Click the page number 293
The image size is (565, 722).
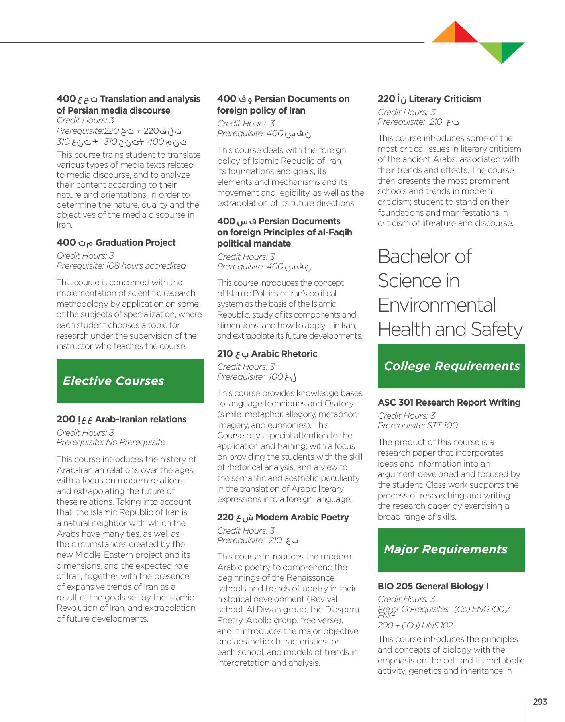click(540, 702)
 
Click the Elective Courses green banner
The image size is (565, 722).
click(130, 381)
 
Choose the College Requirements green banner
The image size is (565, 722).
click(451, 366)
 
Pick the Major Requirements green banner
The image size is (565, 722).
click(451, 549)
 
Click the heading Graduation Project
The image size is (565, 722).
click(135, 243)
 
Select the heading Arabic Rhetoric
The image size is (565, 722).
click(284, 354)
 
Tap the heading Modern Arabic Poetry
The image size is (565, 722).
click(302, 517)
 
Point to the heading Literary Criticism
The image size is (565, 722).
click(445, 99)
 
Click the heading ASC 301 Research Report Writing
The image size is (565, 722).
click(449, 402)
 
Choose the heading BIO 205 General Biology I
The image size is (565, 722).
click(433, 586)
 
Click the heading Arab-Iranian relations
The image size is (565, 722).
click(141, 419)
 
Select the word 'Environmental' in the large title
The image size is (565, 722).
click(437, 305)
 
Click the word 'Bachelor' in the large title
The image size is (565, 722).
click(414, 256)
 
